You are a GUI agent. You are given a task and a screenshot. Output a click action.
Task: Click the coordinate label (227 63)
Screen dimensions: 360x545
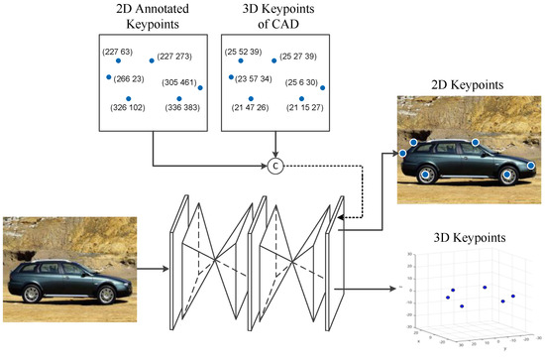(118, 51)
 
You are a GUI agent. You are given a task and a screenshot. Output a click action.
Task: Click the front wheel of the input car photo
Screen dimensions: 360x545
(101, 295)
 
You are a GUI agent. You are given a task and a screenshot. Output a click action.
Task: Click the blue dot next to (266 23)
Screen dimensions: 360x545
(109, 77)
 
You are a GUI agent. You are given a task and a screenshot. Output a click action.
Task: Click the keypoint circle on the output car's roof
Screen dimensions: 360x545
(476, 143)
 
